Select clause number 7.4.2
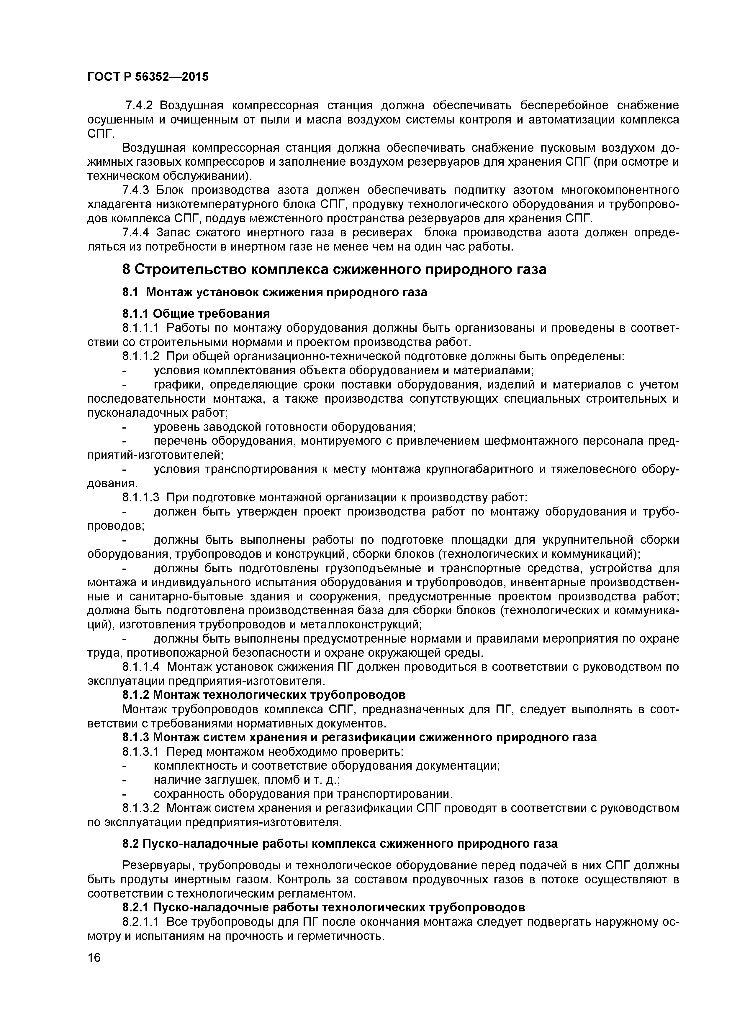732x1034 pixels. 138,106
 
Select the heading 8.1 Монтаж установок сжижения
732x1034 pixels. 274,292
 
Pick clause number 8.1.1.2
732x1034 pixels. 141,356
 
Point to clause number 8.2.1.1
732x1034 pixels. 141,922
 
